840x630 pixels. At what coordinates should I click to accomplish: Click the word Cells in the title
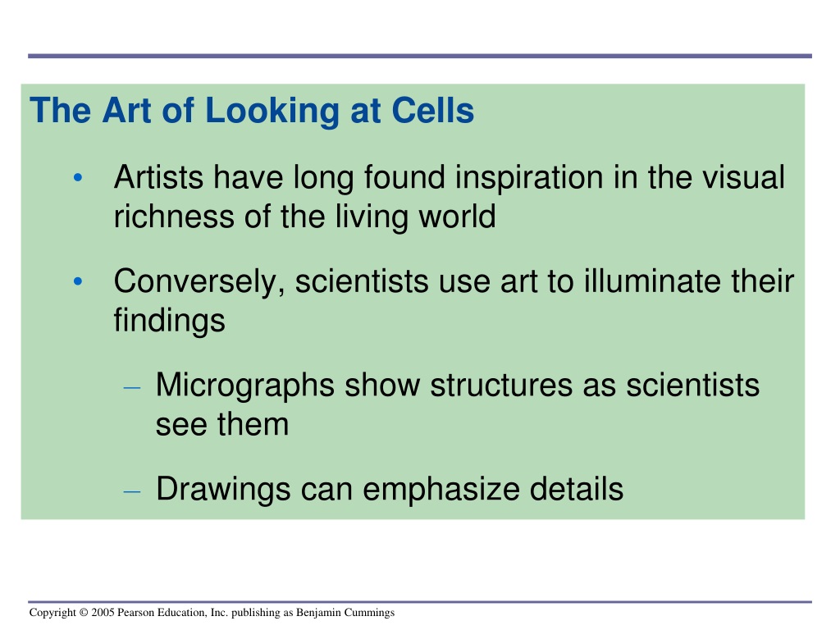433,111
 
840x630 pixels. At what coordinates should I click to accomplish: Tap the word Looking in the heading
272,112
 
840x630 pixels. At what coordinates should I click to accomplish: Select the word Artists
158,177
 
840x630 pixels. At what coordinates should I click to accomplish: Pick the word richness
174,217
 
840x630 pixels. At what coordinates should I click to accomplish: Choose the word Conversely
199,282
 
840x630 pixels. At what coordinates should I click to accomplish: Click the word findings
169,322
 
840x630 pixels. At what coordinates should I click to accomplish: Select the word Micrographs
244,386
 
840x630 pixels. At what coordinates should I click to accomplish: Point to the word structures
501,386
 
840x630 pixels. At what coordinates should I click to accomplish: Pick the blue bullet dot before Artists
78,177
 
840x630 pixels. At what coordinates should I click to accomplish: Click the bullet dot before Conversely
78,281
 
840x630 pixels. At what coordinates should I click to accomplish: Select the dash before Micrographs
132,387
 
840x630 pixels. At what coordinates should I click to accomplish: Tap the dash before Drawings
132,491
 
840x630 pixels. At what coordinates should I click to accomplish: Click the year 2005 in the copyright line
103,612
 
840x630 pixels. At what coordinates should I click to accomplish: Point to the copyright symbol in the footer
84,612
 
